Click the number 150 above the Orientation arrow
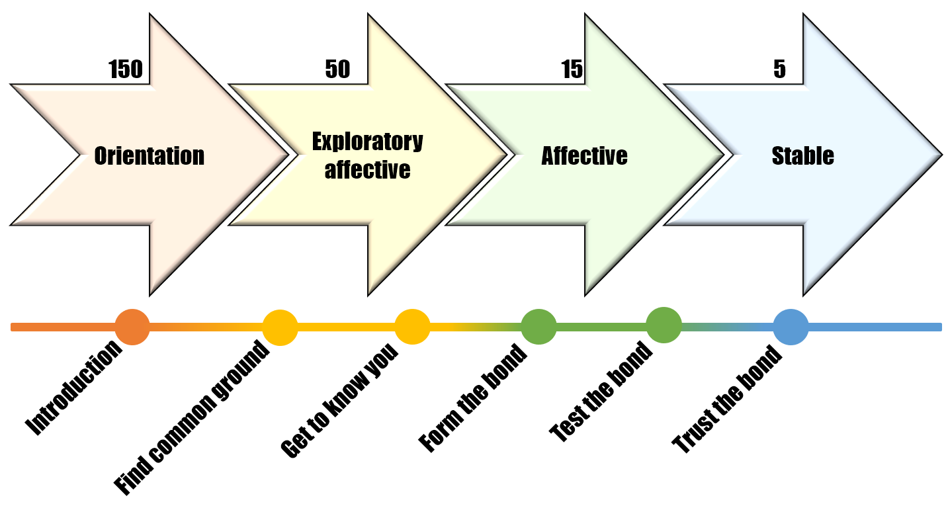tap(125, 69)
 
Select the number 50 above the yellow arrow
tap(337, 69)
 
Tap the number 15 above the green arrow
tap(572, 69)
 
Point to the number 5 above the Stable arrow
tap(779, 69)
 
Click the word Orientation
tap(150, 155)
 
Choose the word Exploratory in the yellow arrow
tap(367, 142)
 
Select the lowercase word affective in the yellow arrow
tap(367, 169)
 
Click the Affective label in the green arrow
tap(584, 155)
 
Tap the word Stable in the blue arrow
tap(803, 155)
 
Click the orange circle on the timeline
tap(132, 327)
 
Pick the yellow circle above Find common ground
tap(280, 327)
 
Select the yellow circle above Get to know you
tap(413, 327)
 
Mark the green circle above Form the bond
tap(539, 327)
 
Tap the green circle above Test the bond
tap(664, 325)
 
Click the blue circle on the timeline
tap(791, 327)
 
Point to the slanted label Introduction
tap(73, 388)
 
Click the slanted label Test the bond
tap(601, 392)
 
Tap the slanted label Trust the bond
tap(726, 400)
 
